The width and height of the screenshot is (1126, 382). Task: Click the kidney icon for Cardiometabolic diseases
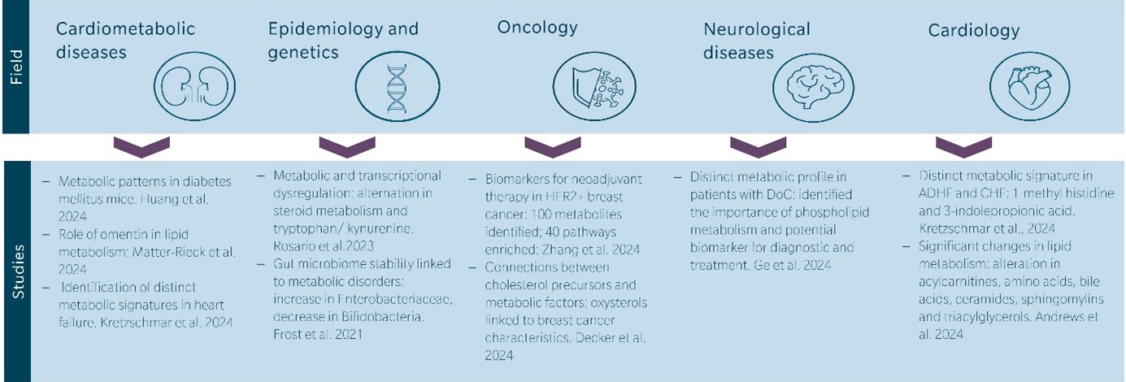click(x=194, y=86)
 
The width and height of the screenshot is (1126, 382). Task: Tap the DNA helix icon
click(x=397, y=86)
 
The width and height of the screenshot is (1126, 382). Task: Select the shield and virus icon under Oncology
click(x=594, y=86)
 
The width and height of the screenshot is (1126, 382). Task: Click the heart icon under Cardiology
click(x=1029, y=86)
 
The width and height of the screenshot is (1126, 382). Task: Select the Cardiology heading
click(x=974, y=31)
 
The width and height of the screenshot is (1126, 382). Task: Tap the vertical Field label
click(x=16, y=67)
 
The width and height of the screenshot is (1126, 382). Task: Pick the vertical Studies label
click(x=18, y=271)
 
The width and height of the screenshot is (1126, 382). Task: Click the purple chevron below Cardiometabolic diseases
click(x=141, y=147)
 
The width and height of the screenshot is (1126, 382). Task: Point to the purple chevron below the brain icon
click(x=758, y=147)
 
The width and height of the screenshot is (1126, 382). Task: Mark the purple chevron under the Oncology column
click(x=553, y=147)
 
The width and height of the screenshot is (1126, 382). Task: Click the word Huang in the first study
click(x=159, y=200)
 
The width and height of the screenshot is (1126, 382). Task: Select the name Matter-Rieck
click(x=169, y=252)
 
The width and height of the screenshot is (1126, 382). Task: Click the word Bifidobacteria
click(x=383, y=317)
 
